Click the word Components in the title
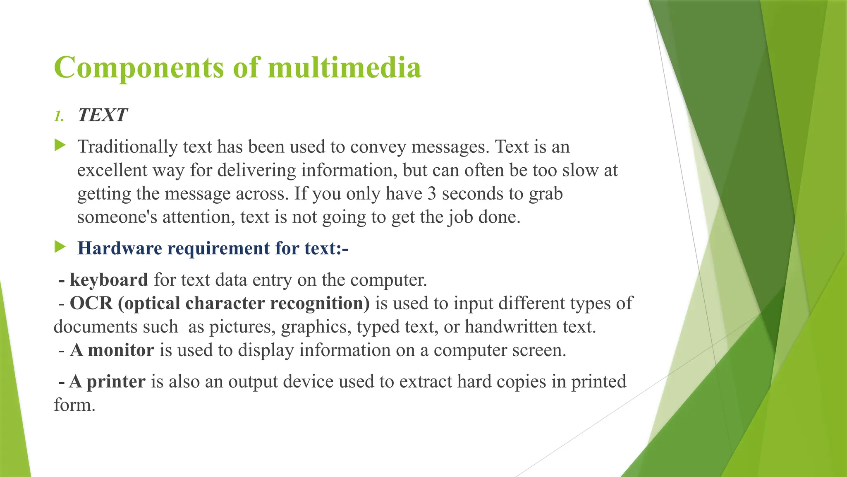point(139,67)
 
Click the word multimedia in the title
point(345,67)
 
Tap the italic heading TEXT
point(103,115)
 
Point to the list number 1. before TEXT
point(59,116)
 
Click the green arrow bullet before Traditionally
point(60,145)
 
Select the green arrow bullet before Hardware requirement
point(60,247)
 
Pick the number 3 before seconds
point(432,194)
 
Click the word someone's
point(117,217)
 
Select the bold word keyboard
point(109,280)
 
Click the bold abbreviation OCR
point(91,304)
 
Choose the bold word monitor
point(121,350)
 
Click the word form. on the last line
point(74,405)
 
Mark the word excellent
point(112,171)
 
